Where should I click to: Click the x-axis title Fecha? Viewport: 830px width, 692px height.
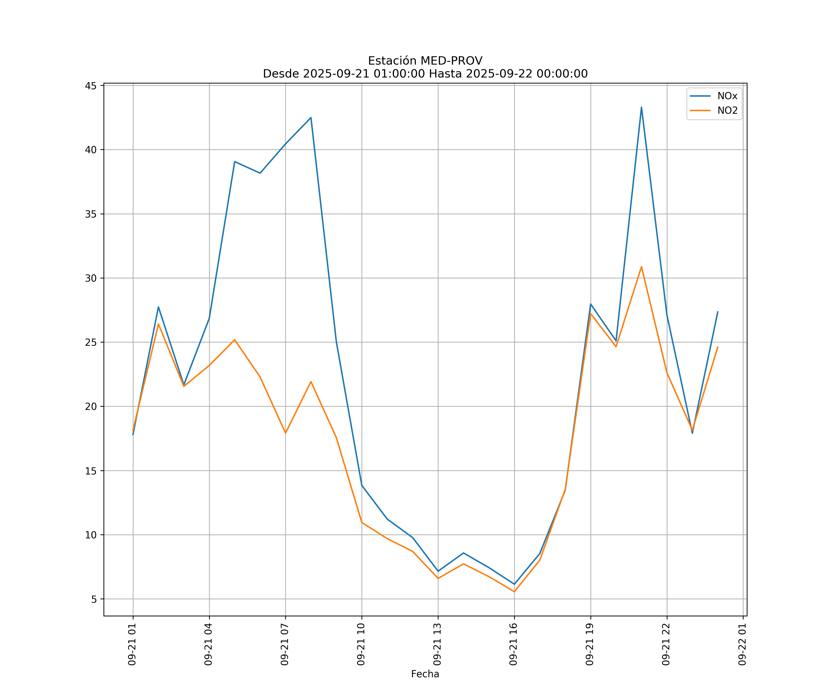click(425, 674)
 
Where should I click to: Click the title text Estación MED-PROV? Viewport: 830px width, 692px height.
click(425, 61)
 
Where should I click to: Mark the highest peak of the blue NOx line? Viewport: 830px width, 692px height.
click(641, 107)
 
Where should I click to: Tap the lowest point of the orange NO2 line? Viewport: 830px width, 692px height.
click(514, 592)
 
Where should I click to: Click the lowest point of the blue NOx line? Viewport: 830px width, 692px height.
click(514, 584)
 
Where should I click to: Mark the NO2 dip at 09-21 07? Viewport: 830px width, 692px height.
click(285, 433)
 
